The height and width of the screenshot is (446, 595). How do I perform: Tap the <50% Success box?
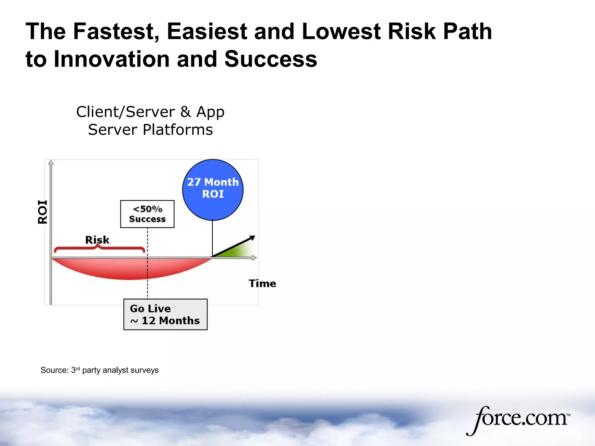coord(147,214)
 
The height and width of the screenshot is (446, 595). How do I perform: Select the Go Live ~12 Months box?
coord(165,314)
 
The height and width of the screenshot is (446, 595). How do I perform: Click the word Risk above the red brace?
coord(97,240)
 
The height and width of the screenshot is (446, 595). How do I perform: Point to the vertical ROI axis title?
coord(42,212)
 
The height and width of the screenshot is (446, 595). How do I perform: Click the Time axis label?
coord(262,283)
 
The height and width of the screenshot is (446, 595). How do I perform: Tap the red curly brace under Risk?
coord(99,249)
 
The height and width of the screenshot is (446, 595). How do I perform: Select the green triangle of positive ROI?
coord(238,251)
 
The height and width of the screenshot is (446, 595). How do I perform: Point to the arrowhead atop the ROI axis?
coord(51,162)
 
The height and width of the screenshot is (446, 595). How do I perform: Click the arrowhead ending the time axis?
coord(254,258)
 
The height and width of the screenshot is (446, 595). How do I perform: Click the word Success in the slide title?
coord(271,59)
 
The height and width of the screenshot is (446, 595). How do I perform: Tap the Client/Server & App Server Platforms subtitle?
coord(150,121)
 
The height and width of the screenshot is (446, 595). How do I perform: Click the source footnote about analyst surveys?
coord(99,370)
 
